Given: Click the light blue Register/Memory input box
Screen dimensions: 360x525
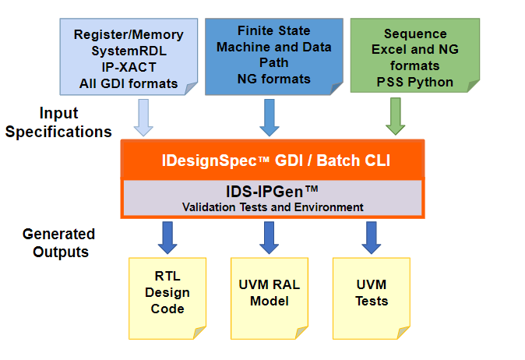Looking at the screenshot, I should coord(129,57).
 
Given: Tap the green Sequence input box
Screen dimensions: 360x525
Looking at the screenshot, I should coord(415,57).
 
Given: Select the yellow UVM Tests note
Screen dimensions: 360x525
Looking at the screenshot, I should coord(371,294).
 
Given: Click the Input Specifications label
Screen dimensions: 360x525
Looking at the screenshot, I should coord(58,123).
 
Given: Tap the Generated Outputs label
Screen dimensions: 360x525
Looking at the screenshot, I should coord(58,242).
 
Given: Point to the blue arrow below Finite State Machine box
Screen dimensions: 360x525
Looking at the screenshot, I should coord(269,117).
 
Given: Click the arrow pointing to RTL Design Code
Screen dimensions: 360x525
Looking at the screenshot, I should coord(167,237).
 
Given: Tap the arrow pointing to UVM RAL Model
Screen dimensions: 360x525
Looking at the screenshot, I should coord(269,237).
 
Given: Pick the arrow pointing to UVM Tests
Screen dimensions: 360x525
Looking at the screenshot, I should coord(371,237).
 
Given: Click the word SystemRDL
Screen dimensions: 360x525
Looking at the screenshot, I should coord(129,50).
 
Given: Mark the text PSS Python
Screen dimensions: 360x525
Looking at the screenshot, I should coord(415,81).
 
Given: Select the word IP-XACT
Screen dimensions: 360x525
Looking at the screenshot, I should coord(129,66).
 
